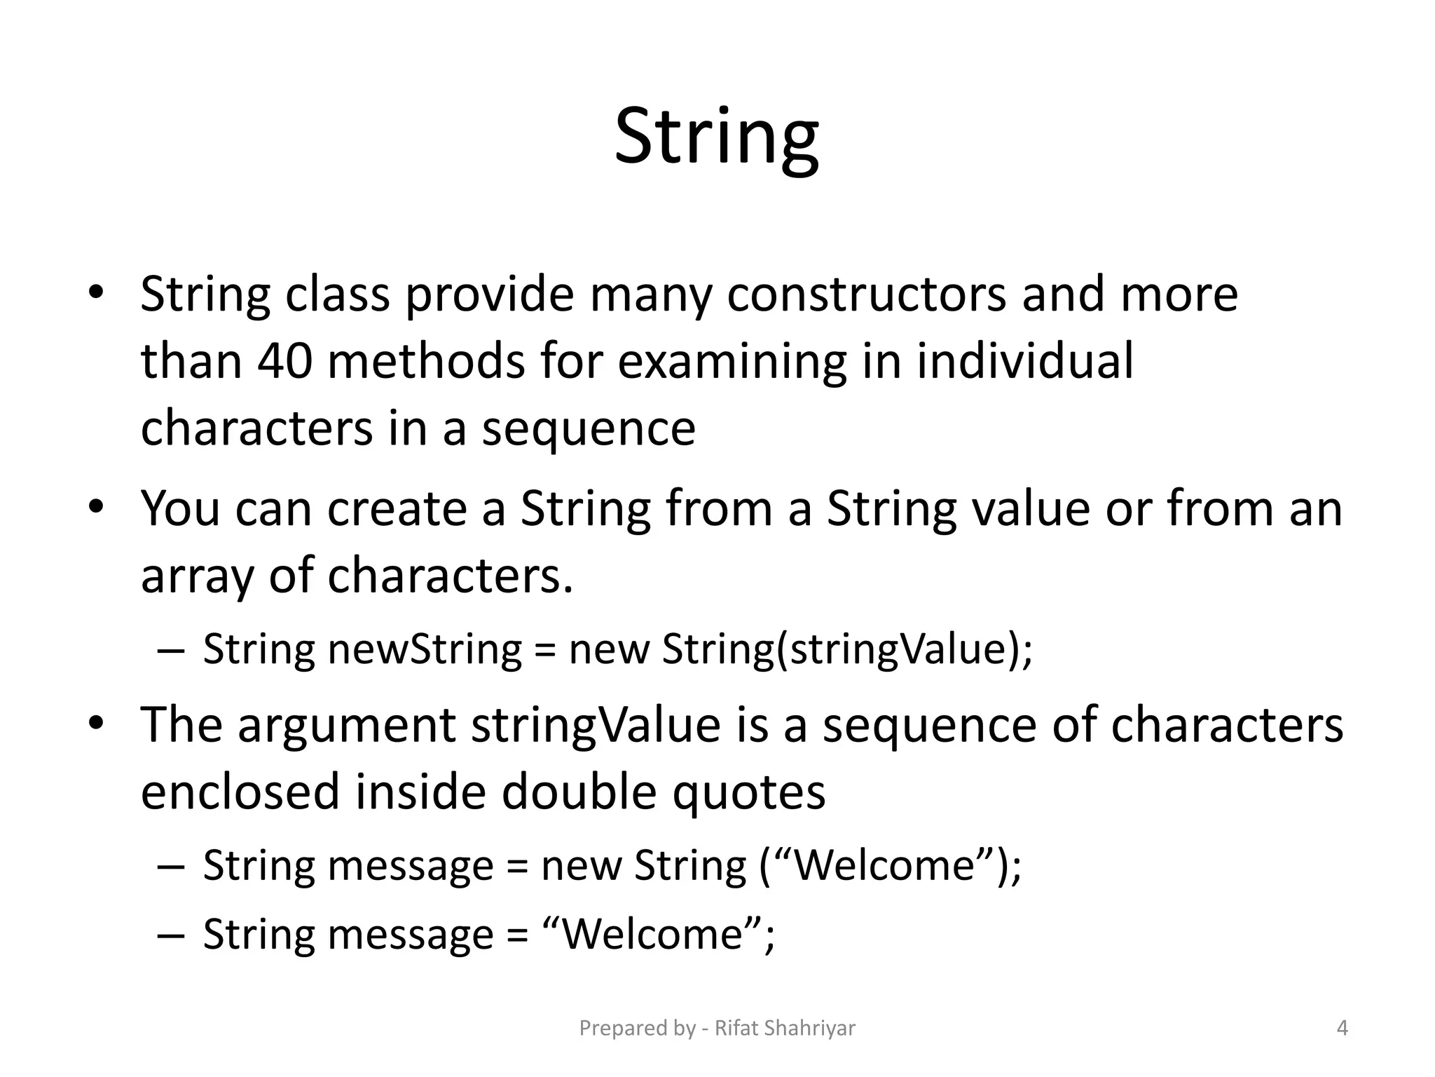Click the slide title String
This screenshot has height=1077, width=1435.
(x=716, y=137)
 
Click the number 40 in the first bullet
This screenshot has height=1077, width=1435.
(x=284, y=361)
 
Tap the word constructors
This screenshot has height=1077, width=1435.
(x=866, y=294)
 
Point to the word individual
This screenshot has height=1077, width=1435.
(x=1024, y=361)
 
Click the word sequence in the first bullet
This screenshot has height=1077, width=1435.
(x=589, y=428)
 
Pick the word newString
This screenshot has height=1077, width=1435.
(x=425, y=649)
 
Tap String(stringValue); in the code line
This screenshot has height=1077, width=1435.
(x=847, y=649)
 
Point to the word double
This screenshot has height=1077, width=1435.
(x=579, y=792)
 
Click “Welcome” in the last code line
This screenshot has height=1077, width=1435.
(x=652, y=934)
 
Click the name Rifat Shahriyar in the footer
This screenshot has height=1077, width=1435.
(x=785, y=1029)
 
